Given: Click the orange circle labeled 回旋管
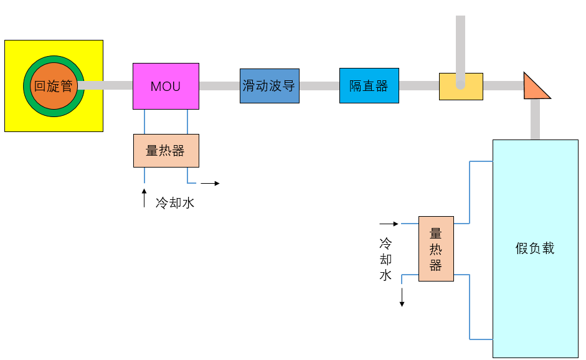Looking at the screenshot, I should pos(54,86).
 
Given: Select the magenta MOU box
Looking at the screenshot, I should pos(166,86).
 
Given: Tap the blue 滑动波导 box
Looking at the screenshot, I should pos(269,86).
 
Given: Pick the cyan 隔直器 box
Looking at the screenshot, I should pos(369,86).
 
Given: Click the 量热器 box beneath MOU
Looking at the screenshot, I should pos(166,151).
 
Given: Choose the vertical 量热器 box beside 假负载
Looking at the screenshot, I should pos(436,249).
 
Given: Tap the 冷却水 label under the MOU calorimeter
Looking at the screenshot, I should pos(175,202).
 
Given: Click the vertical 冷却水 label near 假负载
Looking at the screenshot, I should pos(385,258).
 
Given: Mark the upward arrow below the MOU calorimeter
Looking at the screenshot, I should pos(144,197).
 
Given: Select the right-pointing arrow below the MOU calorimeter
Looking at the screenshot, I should pos(210,183).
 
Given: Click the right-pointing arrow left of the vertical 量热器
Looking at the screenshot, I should pos(389,223).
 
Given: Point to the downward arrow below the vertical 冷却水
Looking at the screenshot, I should pos(402,297).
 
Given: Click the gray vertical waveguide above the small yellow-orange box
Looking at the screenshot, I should pos(460,44).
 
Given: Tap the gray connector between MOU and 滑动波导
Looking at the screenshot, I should pos(219,86).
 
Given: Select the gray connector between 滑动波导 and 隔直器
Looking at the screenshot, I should pos(319,86).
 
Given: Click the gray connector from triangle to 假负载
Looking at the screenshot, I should pos(535,119).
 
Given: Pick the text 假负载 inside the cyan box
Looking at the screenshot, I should pos(535,249).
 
